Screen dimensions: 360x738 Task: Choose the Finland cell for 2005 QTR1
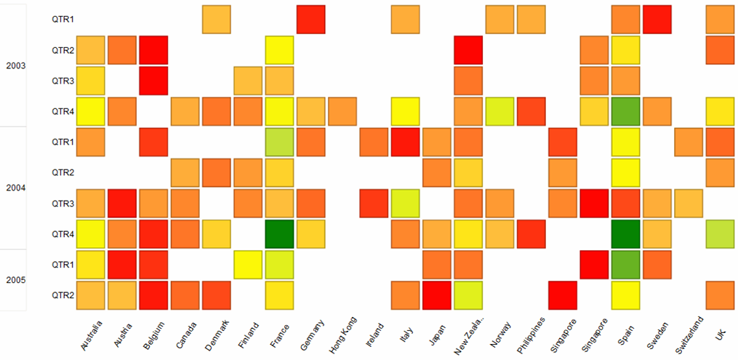click(x=248, y=265)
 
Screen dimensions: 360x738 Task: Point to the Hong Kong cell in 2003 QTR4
click(x=342, y=111)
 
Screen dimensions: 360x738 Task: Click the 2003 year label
click(x=16, y=65)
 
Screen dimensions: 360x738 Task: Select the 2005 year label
click(x=16, y=280)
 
